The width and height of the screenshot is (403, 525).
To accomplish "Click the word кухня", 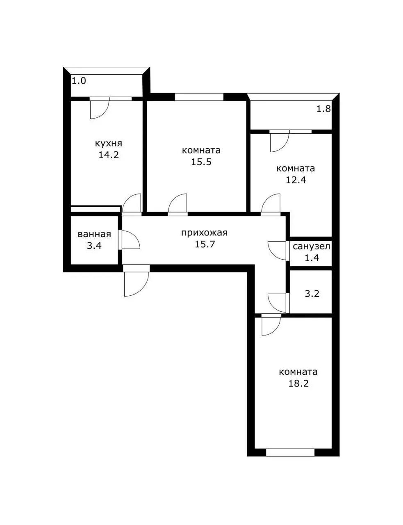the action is tap(108, 144).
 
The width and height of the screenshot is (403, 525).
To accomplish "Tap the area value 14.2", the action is tap(108, 155).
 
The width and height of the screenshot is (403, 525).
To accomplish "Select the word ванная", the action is tap(94, 234).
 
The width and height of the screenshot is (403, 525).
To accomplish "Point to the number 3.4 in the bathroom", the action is tap(94, 246).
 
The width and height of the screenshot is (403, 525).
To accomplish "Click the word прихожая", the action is tap(204, 233).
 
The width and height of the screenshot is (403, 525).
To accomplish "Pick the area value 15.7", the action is tap(205, 244).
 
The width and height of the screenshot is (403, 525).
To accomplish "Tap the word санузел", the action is tap(311, 247).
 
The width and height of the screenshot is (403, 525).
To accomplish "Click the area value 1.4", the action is tap(312, 258).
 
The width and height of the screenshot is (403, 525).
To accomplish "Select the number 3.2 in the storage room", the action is tap(312, 294).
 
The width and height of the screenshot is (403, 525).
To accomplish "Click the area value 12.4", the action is tap(296, 180).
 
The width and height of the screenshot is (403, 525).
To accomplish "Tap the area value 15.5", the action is tap(201, 162).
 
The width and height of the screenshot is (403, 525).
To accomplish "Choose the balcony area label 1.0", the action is tap(79, 81).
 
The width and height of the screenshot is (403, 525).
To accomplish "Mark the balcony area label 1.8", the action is tap(323, 109).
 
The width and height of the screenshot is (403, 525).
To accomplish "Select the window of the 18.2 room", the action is tap(290, 452).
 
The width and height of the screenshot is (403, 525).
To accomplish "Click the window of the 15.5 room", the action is tap(199, 97).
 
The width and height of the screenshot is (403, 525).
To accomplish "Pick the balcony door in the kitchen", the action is tap(100, 108).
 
